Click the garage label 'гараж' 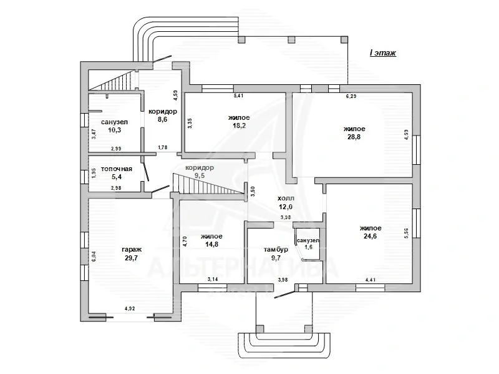[132, 250]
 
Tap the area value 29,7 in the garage [131, 258]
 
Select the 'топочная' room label [117, 169]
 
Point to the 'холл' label [286, 198]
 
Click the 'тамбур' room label [276, 250]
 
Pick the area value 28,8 [354, 137]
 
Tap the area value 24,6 [370, 236]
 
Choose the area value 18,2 [239, 125]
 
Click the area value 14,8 [211, 244]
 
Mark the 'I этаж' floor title [383, 53]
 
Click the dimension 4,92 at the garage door [130, 308]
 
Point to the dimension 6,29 [351, 96]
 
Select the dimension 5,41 [238, 96]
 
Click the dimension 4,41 [370, 280]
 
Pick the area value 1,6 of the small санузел [308, 247]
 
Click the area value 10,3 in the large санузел [115, 130]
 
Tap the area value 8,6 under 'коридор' [162, 119]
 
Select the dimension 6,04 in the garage [94, 257]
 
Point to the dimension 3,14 [213, 279]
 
